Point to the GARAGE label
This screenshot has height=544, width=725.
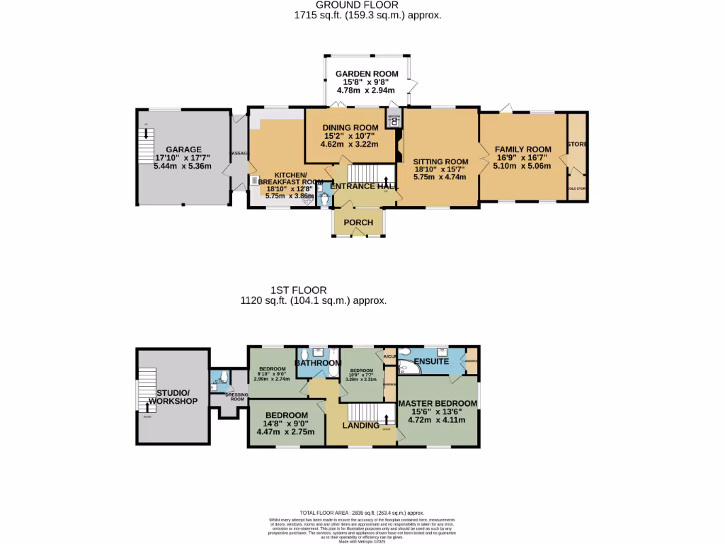click(183, 149)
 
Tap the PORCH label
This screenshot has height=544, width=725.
click(358, 222)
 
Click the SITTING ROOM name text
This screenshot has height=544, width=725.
click(440, 161)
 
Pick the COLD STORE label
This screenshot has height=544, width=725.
click(577, 188)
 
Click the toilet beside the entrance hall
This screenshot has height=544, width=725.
click(324, 200)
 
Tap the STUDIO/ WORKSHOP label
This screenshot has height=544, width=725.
click(173, 397)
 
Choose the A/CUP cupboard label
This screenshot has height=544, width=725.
click(389, 356)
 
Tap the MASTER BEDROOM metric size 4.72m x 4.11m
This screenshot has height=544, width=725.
click(436, 420)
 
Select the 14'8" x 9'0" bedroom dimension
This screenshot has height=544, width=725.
click(286, 423)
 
